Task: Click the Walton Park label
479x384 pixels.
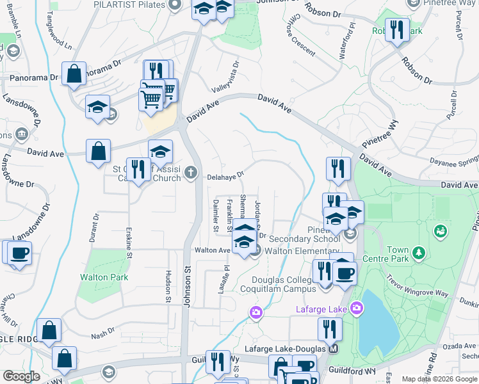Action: pyautogui.click(x=104, y=277)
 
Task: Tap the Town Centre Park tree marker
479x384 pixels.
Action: pyautogui.click(x=418, y=252)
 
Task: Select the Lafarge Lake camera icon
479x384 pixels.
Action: pyautogui.click(x=357, y=310)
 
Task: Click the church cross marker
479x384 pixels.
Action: pyautogui.click(x=190, y=173)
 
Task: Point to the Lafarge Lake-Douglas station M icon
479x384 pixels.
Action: pyautogui.click(x=333, y=349)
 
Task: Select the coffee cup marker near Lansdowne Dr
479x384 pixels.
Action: pyautogui.click(x=19, y=252)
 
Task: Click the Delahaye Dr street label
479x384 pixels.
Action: pyautogui.click(x=225, y=174)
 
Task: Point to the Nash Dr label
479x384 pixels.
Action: pyautogui.click(x=102, y=333)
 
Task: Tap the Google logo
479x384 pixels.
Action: pyautogui.click(x=21, y=376)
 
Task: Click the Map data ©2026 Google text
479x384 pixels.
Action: pyautogui.click(x=439, y=379)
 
